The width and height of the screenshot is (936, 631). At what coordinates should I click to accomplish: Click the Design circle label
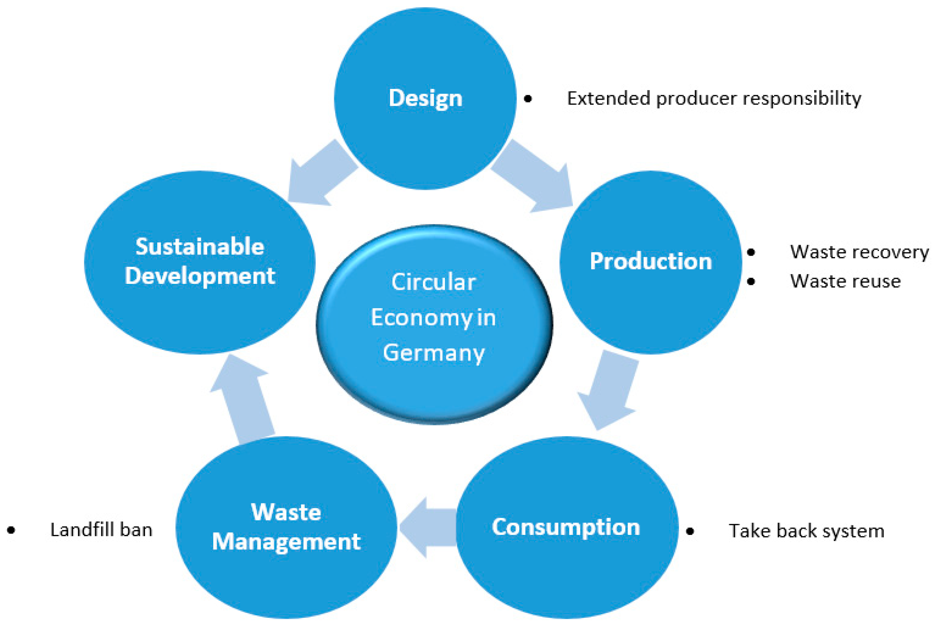(425, 98)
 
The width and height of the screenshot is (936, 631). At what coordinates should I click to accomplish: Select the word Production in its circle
(651, 262)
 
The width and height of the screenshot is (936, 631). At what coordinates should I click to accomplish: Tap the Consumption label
(566, 527)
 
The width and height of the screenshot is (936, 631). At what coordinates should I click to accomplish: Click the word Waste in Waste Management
(286, 512)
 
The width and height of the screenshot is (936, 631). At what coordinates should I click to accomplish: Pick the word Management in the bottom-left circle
(286, 542)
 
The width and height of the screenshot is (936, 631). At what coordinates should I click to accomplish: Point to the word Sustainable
(200, 246)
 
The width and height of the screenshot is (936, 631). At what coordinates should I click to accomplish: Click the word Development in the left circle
(200, 276)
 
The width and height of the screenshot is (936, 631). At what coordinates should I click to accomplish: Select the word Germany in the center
(433, 353)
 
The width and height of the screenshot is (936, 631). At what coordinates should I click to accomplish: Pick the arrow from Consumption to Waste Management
(429, 527)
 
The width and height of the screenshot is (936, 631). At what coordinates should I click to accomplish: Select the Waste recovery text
(859, 252)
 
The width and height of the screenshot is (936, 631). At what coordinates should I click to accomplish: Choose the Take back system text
(806, 531)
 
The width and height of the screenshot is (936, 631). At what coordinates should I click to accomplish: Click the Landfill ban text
(101, 530)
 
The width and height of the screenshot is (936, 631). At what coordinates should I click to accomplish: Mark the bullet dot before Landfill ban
(11, 530)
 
